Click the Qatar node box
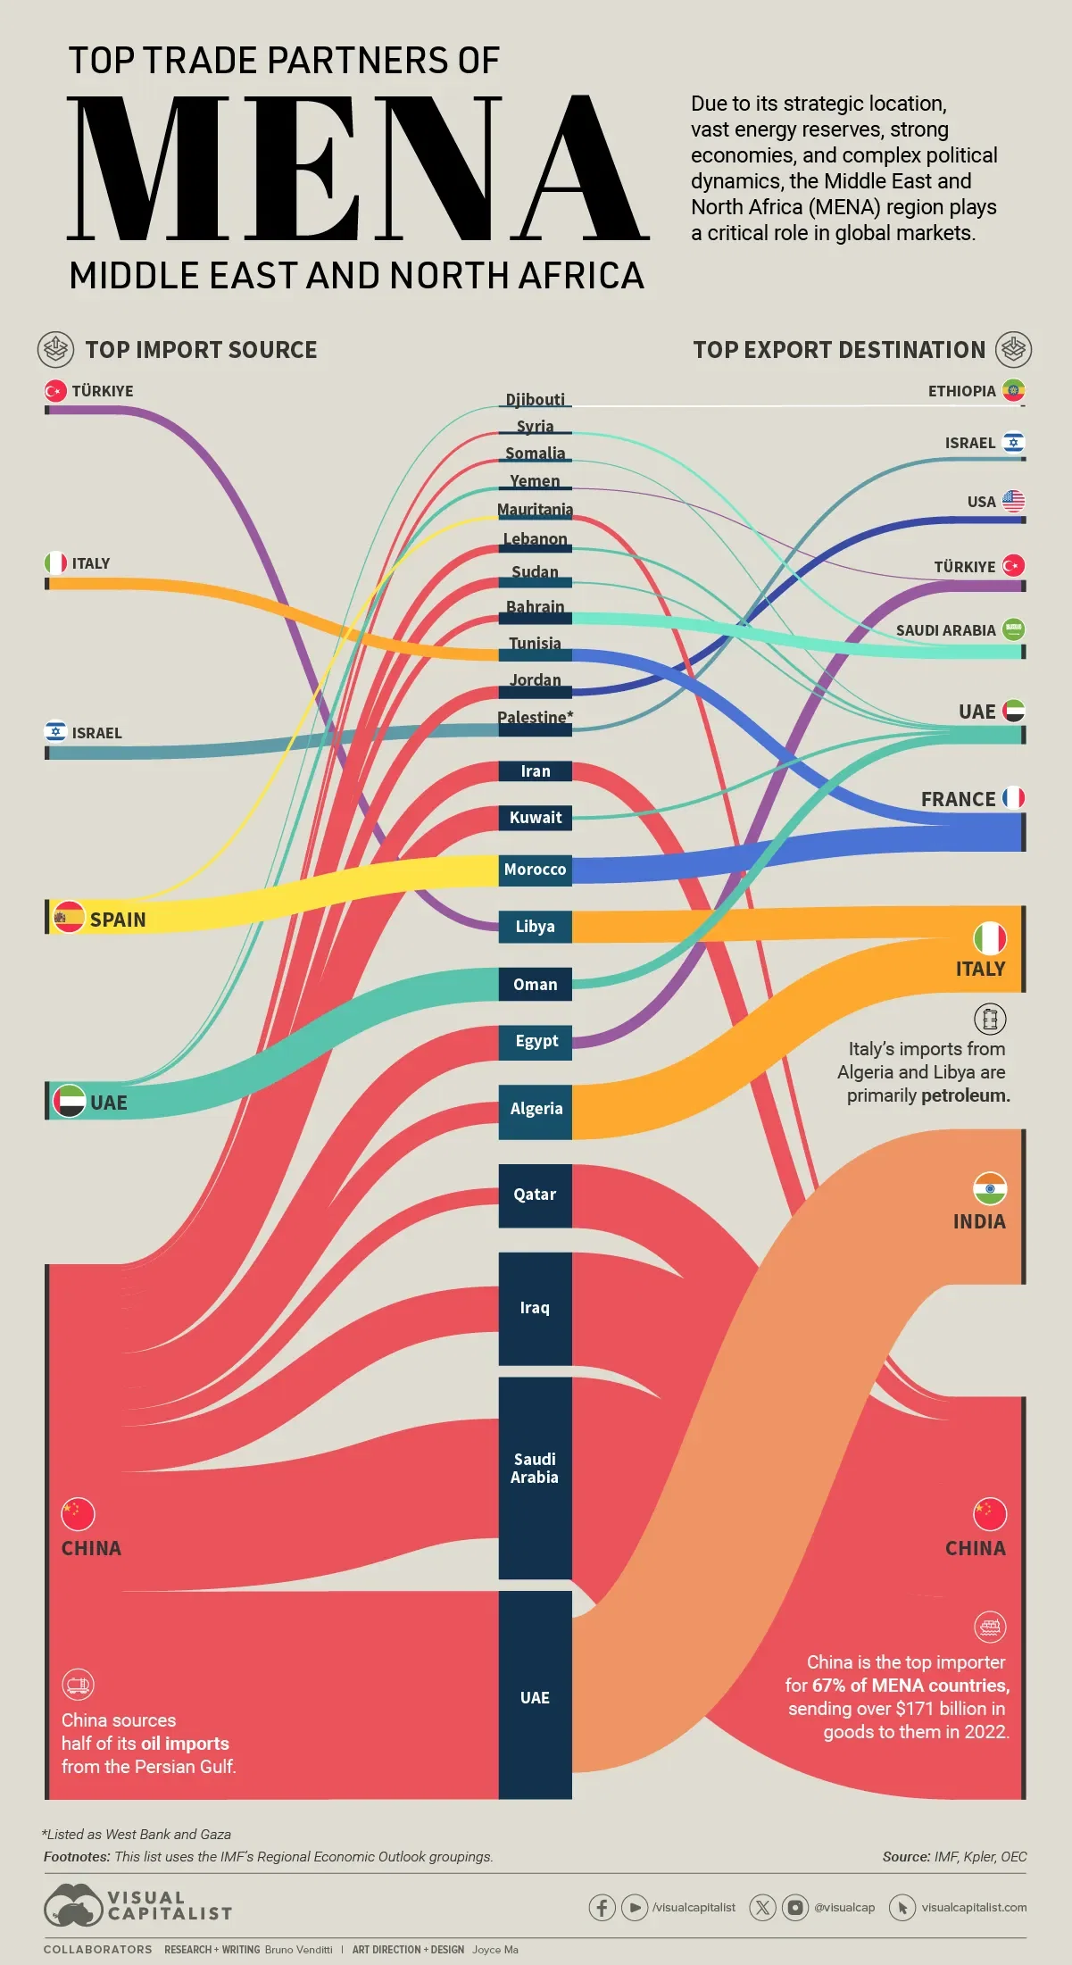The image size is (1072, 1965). tap(535, 1195)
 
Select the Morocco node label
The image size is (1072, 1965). tap(535, 870)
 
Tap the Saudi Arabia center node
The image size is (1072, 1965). tap(535, 1478)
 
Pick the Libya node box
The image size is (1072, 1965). tap(535, 927)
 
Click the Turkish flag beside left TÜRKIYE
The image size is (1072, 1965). tap(55, 391)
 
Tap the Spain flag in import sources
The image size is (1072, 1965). tap(69, 918)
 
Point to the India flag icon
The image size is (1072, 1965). tap(990, 1188)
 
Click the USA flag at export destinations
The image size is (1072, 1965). tap(1013, 501)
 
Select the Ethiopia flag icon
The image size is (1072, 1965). tap(1013, 390)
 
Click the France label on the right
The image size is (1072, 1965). tap(958, 799)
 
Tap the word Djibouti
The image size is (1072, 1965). tap(535, 399)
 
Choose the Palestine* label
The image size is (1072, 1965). tap(535, 717)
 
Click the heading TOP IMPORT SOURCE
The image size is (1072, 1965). tap(201, 350)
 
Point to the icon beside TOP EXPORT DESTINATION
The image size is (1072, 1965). tap(1014, 349)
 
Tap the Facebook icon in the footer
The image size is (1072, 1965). tap(602, 1907)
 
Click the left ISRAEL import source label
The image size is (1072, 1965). tap(96, 733)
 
